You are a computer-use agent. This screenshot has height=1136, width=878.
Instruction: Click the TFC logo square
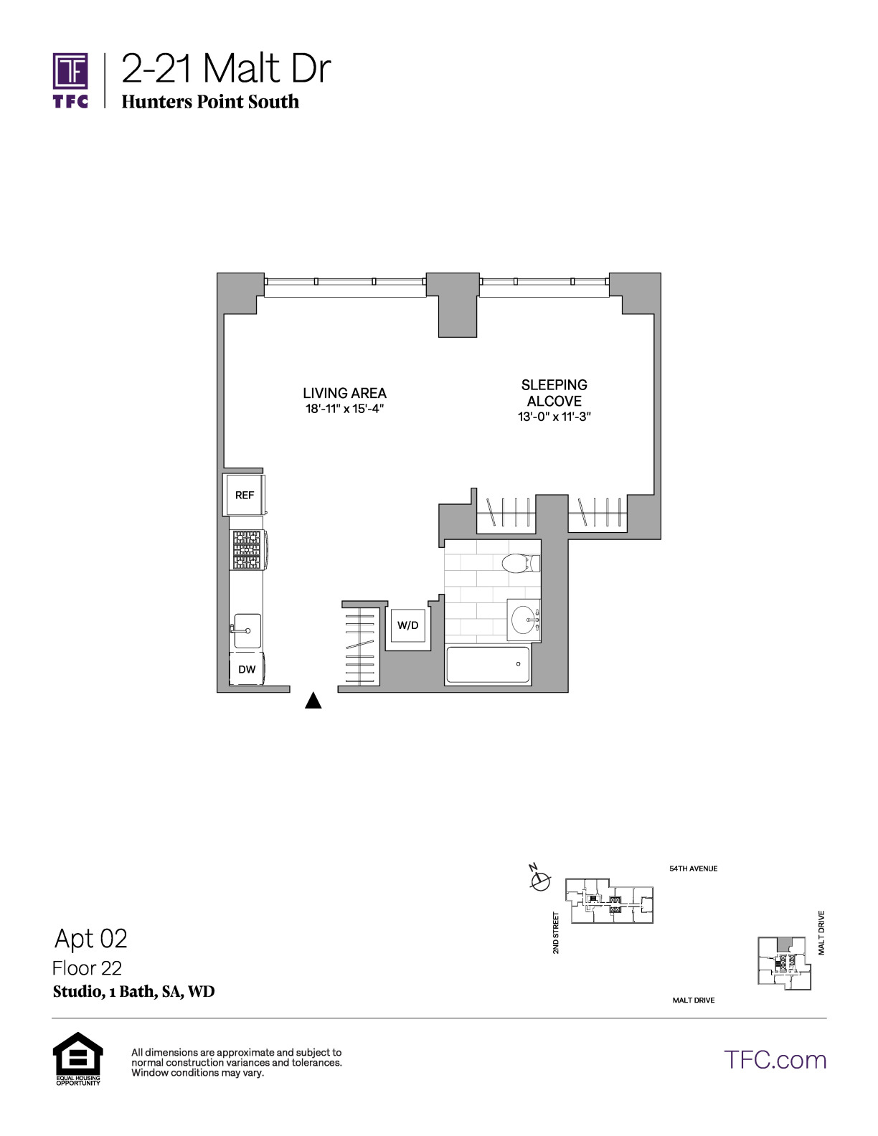[x=70, y=71]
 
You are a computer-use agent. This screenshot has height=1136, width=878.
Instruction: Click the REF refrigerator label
[x=244, y=495]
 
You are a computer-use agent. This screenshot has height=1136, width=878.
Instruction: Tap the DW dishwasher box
[x=247, y=668]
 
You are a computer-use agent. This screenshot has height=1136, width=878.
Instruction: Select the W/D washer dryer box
[x=408, y=625]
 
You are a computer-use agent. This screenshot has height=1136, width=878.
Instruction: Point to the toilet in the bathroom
[x=521, y=563]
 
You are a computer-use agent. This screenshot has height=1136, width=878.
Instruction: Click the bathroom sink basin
[x=524, y=620]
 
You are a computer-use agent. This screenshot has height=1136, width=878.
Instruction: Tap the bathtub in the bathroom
[x=487, y=665]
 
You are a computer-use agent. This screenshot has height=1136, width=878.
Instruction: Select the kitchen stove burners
[x=247, y=550]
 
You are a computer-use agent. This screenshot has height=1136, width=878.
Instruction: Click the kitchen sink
[x=247, y=630]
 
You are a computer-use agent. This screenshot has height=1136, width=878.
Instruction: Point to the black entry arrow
[x=313, y=700]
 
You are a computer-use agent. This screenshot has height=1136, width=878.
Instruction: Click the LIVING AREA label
[x=344, y=393]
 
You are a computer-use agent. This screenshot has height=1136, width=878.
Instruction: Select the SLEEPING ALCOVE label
[x=554, y=393]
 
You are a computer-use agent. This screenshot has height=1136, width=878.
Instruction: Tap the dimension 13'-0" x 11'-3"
[x=554, y=417]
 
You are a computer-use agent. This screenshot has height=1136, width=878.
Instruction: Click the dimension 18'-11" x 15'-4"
[x=344, y=409]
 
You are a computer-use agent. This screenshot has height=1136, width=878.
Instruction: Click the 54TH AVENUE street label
[x=694, y=868]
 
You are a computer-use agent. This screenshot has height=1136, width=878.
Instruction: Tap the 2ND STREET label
[x=556, y=932]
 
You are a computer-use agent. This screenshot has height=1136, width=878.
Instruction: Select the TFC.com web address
[x=775, y=1060]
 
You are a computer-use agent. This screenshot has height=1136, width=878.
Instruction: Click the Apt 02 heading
[x=91, y=938]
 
